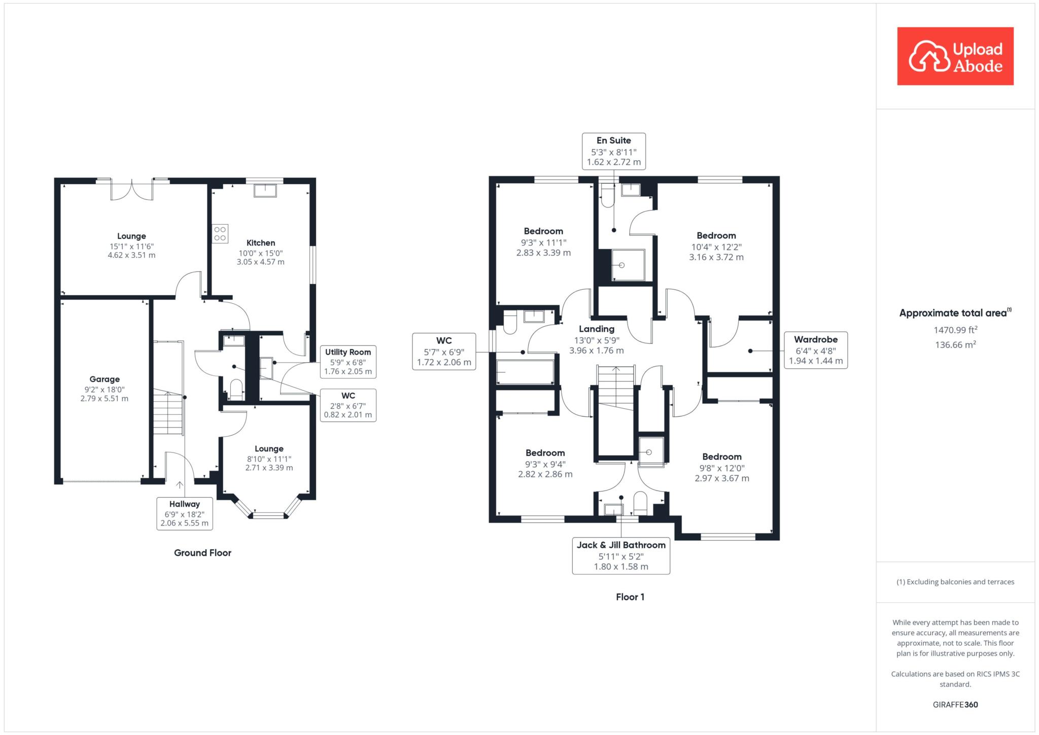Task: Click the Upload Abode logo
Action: pyautogui.click(x=955, y=56)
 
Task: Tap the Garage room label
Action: pyautogui.click(x=105, y=379)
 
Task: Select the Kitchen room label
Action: pyautogui.click(x=261, y=243)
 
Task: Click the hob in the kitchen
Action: pyautogui.click(x=220, y=234)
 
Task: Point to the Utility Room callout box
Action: pyautogui.click(x=348, y=362)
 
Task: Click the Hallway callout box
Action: pyautogui.click(x=185, y=513)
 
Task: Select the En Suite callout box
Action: pyautogui.click(x=614, y=151)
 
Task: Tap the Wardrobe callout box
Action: pyautogui.click(x=816, y=350)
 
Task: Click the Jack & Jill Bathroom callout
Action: pyautogui.click(x=621, y=556)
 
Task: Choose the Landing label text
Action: pyautogui.click(x=597, y=329)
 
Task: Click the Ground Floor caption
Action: pyautogui.click(x=202, y=553)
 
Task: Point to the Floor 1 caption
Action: pyautogui.click(x=630, y=597)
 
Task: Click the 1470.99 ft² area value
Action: pyautogui.click(x=955, y=330)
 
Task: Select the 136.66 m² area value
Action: pyautogui.click(x=955, y=345)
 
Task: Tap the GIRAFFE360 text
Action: pyautogui.click(x=955, y=705)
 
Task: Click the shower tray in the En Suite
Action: pyautogui.click(x=628, y=265)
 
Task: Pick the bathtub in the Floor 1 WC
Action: pyautogui.click(x=525, y=372)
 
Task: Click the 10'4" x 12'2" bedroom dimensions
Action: pyautogui.click(x=716, y=247)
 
